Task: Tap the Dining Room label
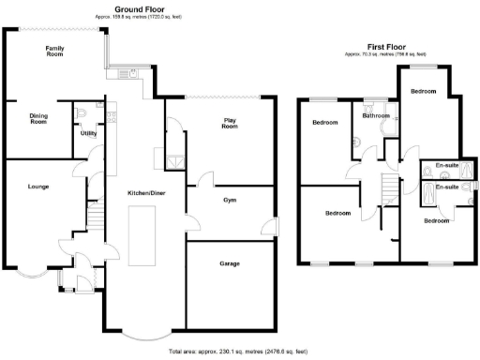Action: (x=38, y=118)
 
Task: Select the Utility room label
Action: (x=89, y=134)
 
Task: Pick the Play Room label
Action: (x=230, y=122)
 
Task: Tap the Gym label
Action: (x=230, y=201)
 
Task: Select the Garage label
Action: (x=230, y=263)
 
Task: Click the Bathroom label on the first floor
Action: (x=377, y=116)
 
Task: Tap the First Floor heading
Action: (x=386, y=44)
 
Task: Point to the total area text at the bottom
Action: (x=237, y=352)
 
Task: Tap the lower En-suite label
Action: (x=448, y=187)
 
